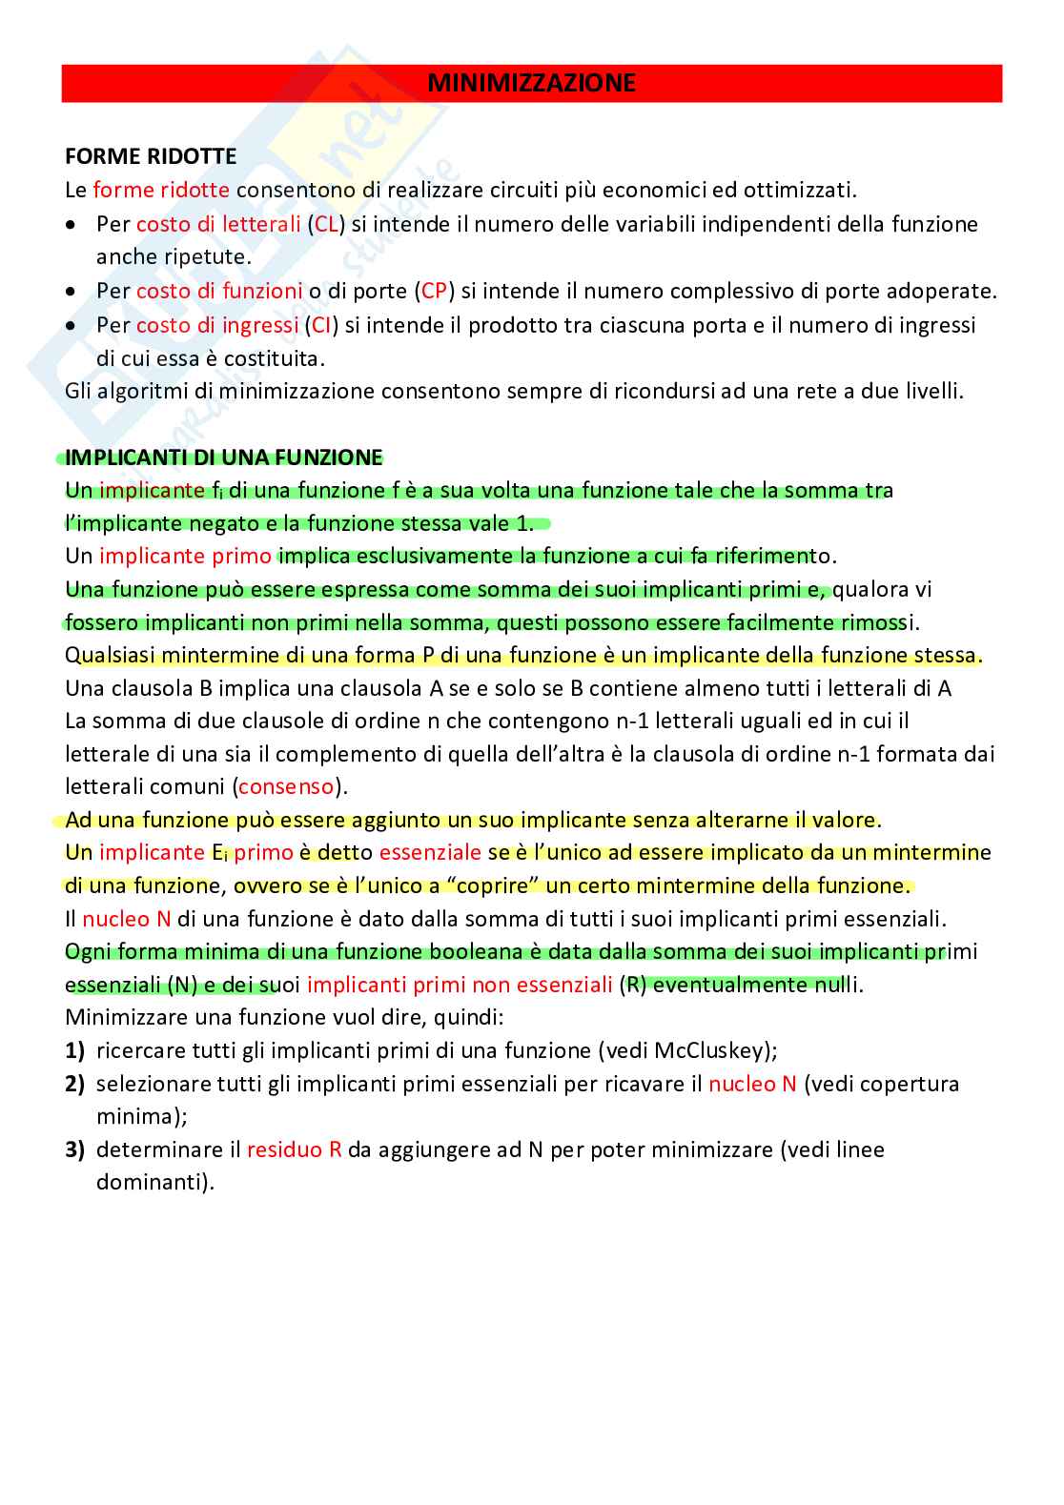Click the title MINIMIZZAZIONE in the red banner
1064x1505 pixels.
pos(531,84)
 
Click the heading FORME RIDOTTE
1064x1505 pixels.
pos(151,156)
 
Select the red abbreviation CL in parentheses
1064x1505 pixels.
pos(327,224)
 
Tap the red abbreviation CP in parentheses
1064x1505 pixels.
pos(434,291)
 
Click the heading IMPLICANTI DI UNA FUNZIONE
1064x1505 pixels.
pos(223,458)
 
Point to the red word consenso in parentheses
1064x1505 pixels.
pos(286,787)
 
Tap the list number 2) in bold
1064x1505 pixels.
pos(75,1084)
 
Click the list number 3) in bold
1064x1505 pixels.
pos(75,1149)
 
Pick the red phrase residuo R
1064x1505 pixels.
pos(294,1149)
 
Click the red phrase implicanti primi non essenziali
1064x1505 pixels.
pos(460,985)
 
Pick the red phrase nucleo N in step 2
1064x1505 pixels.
pos(752,1084)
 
